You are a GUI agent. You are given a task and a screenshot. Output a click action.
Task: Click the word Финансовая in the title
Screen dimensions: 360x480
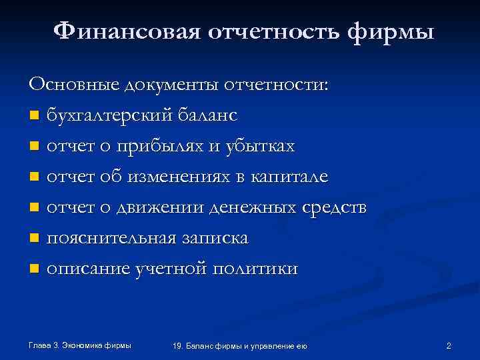click(125, 31)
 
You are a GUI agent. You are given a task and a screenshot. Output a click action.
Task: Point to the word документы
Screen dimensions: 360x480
click(170, 85)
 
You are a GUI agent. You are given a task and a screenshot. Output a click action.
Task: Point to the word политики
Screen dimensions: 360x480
click(262, 269)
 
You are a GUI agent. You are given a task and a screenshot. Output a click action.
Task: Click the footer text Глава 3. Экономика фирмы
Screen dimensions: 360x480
click(80, 345)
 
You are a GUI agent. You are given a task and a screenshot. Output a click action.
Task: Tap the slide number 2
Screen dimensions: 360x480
click(449, 345)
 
